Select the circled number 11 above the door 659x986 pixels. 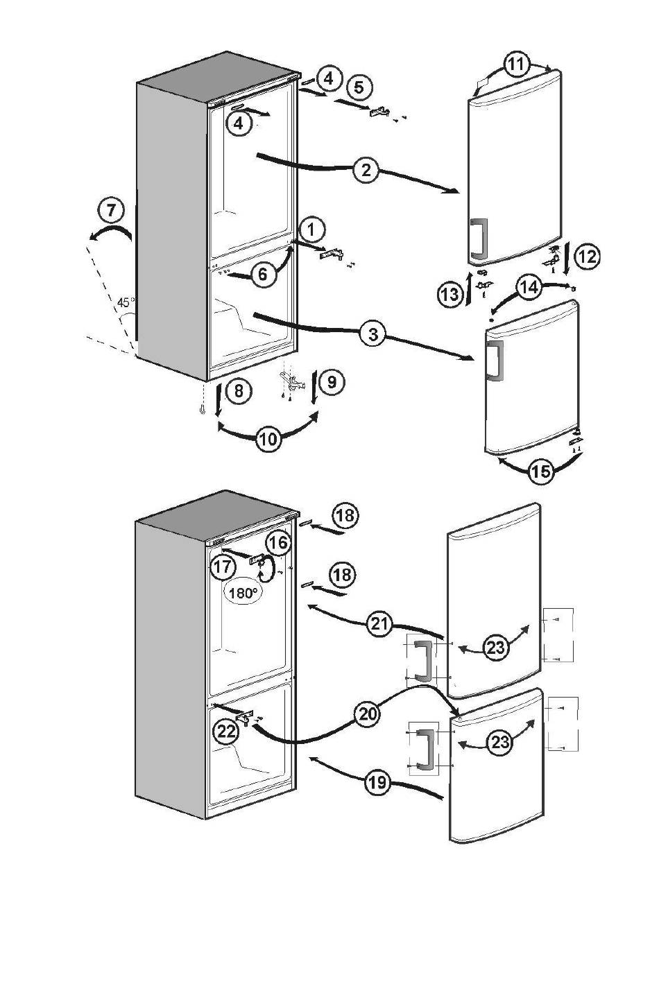point(517,64)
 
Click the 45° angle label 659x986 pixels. point(126,302)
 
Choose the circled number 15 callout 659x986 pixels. point(541,472)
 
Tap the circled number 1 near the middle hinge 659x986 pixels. point(312,230)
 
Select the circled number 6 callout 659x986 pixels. point(262,274)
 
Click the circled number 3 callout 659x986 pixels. point(373,334)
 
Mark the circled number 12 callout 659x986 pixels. point(587,256)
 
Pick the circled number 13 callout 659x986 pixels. point(450,293)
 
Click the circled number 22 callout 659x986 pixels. point(226,732)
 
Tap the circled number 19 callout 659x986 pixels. point(378,781)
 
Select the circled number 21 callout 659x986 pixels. point(379,623)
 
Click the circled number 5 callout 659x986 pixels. point(359,87)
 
